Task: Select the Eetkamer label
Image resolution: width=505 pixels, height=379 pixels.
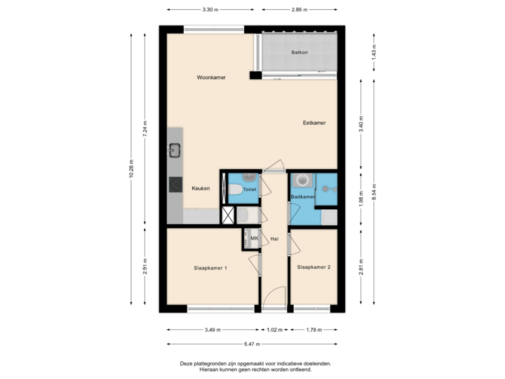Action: pyautogui.click(x=314, y=122)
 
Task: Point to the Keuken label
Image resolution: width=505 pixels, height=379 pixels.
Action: pyautogui.click(x=201, y=188)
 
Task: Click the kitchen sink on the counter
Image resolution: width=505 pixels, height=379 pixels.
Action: pyautogui.click(x=175, y=149)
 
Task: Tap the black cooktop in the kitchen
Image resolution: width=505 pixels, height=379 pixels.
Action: pyautogui.click(x=175, y=185)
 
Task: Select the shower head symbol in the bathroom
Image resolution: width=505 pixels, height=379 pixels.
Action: pyautogui.click(x=326, y=187)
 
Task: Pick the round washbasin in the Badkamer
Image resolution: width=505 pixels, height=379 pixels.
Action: pyautogui.click(x=302, y=180)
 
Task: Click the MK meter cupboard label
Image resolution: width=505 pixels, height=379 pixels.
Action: pyautogui.click(x=254, y=239)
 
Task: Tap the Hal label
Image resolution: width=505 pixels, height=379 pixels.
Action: pyautogui.click(x=275, y=239)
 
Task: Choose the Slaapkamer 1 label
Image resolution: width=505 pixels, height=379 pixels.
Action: pyautogui.click(x=210, y=267)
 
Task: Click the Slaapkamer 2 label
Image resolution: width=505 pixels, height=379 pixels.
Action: pyautogui.click(x=314, y=267)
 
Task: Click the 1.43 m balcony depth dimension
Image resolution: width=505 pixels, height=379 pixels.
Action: pyautogui.click(x=374, y=51)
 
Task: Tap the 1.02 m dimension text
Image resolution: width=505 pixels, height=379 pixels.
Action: pyautogui.click(x=274, y=330)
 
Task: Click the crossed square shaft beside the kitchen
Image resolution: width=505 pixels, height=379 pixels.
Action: pyautogui.click(x=229, y=215)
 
